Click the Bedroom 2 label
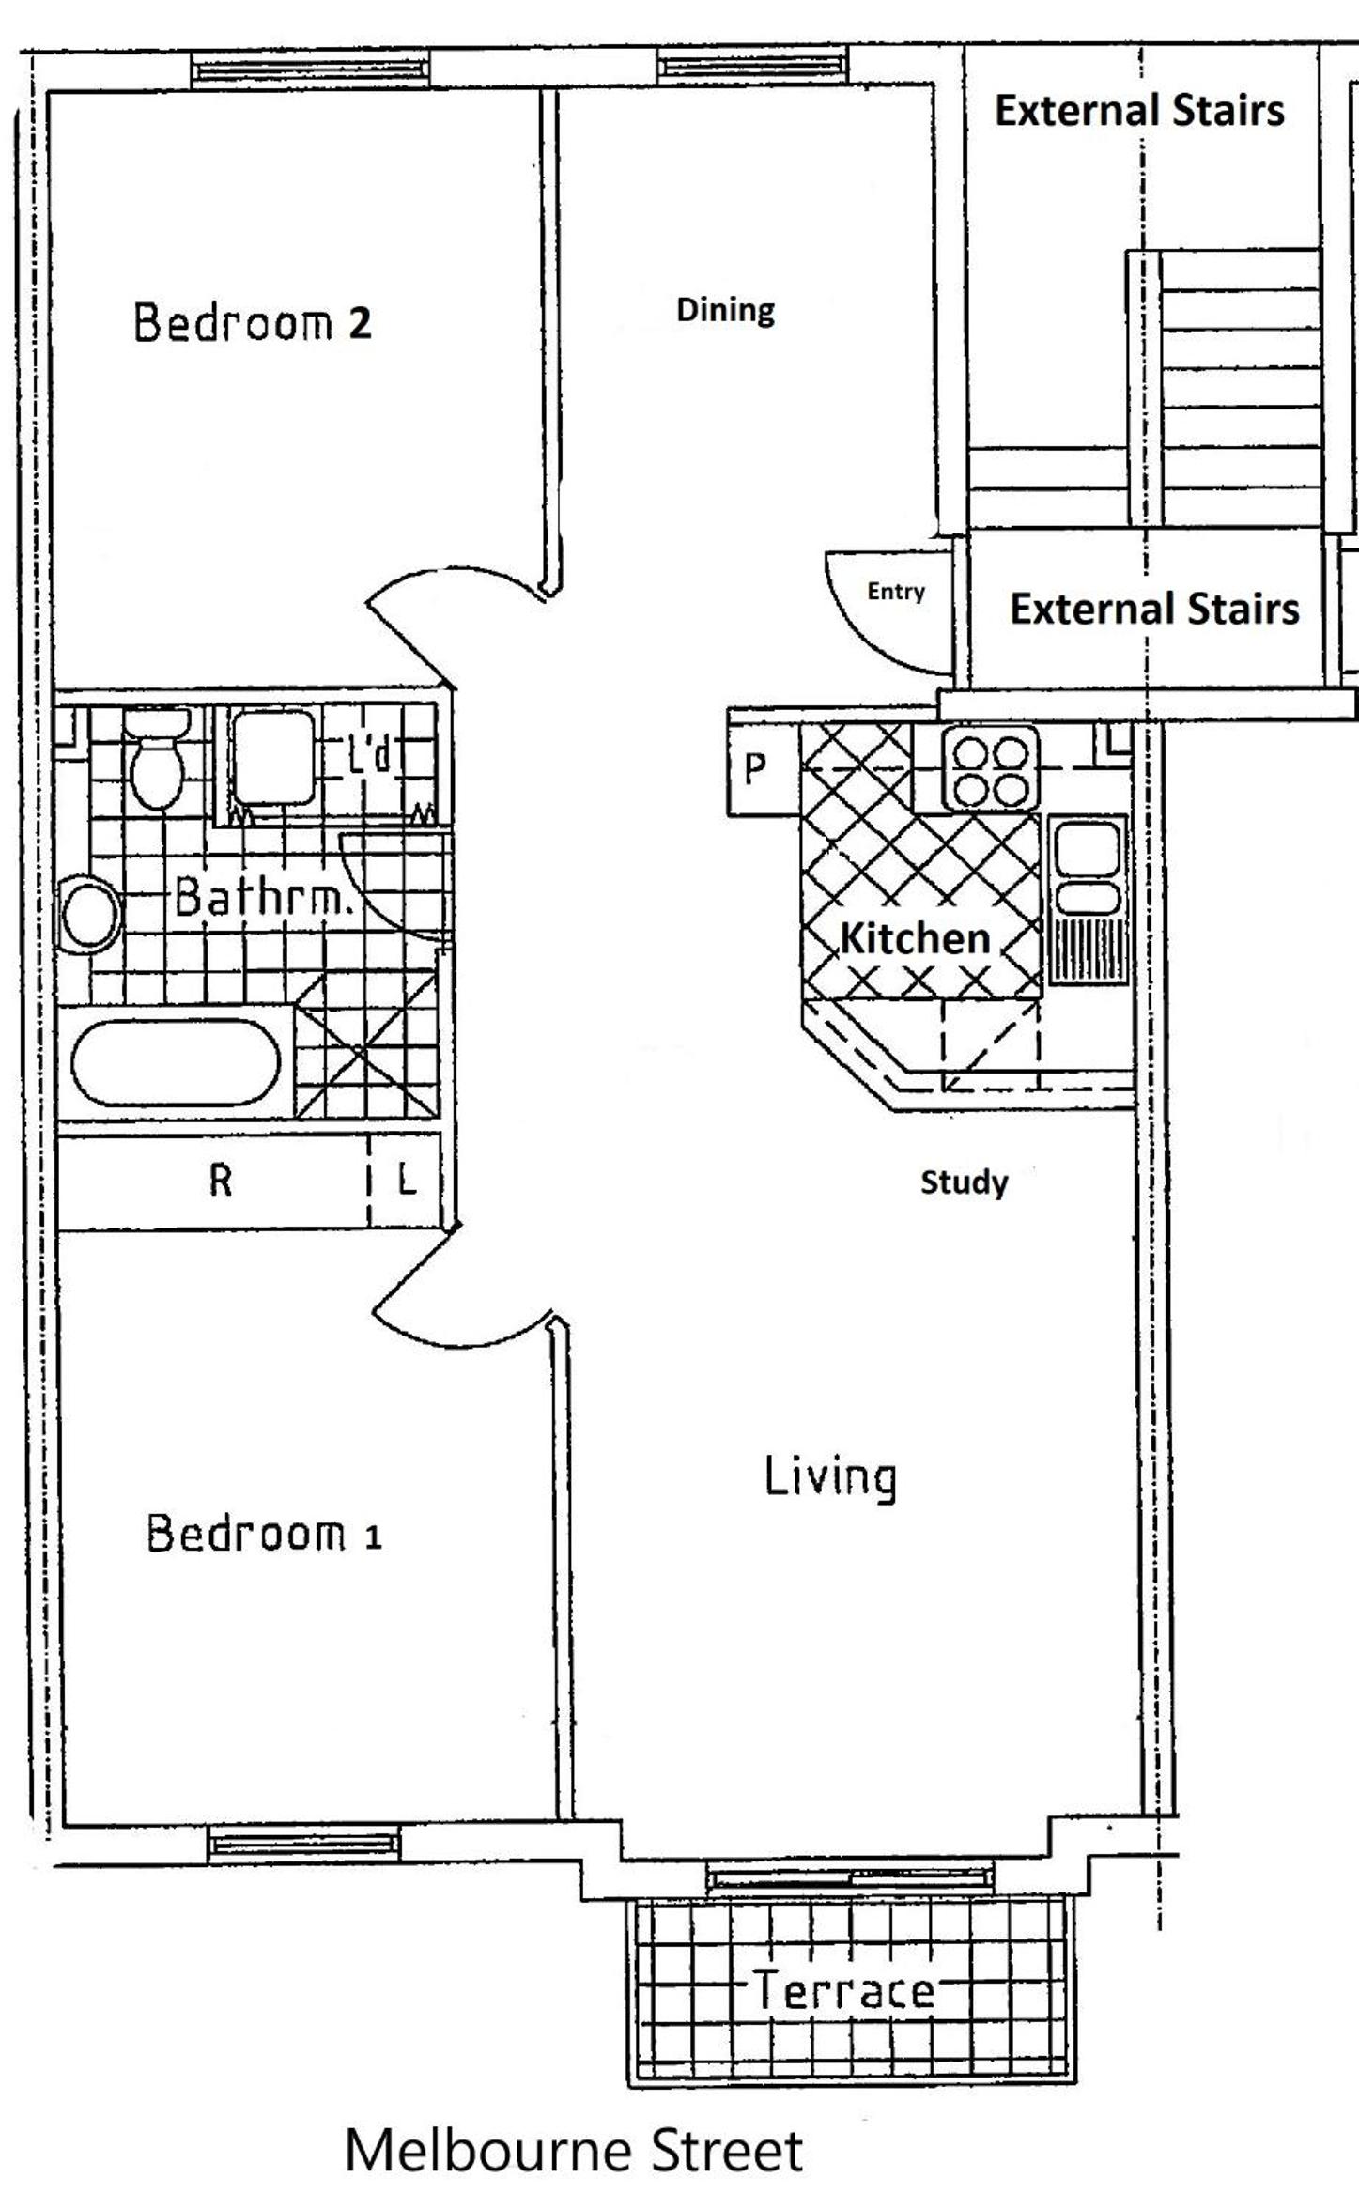click(x=253, y=322)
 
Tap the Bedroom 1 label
click(x=264, y=1534)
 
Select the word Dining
click(x=726, y=311)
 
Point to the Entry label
click(x=896, y=591)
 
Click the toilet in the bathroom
click(x=157, y=759)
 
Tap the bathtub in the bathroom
click(x=177, y=1061)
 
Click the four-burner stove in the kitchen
click(x=990, y=768)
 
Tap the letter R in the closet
click(x=220, y=1180)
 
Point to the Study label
click(x=964, y=1182)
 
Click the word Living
click(x=829, y=1476)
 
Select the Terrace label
click(x=844, y=1990)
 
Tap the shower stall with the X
click(x=367, y=1044)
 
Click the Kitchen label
click(x=915, y=938)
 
